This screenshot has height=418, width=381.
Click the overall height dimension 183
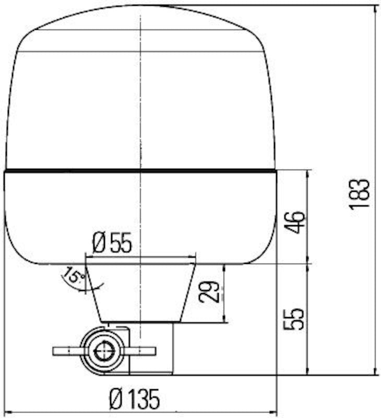pyautogui.click(x=360, y=194)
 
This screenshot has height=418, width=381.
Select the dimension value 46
pyautogui.click(x=295, y=222)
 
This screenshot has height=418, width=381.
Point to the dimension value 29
pyautogui.click(x=209, y=293)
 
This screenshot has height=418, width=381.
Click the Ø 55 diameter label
pyautogui.click(x=112, y=243)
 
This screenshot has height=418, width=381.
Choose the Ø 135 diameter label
pyautogui.click(x=134, y=400)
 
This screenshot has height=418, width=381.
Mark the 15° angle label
pyautogui.click(x=73, y=276)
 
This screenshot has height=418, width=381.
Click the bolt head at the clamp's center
pyautogui.click(x=104, y=351)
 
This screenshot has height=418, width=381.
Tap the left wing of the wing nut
pyautogui.click(x=67, y=351)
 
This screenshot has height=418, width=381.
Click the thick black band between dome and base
pyautogui.click(x=140, y=170)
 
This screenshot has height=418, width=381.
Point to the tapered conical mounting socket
pyautogui.click(x=140, y=293)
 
